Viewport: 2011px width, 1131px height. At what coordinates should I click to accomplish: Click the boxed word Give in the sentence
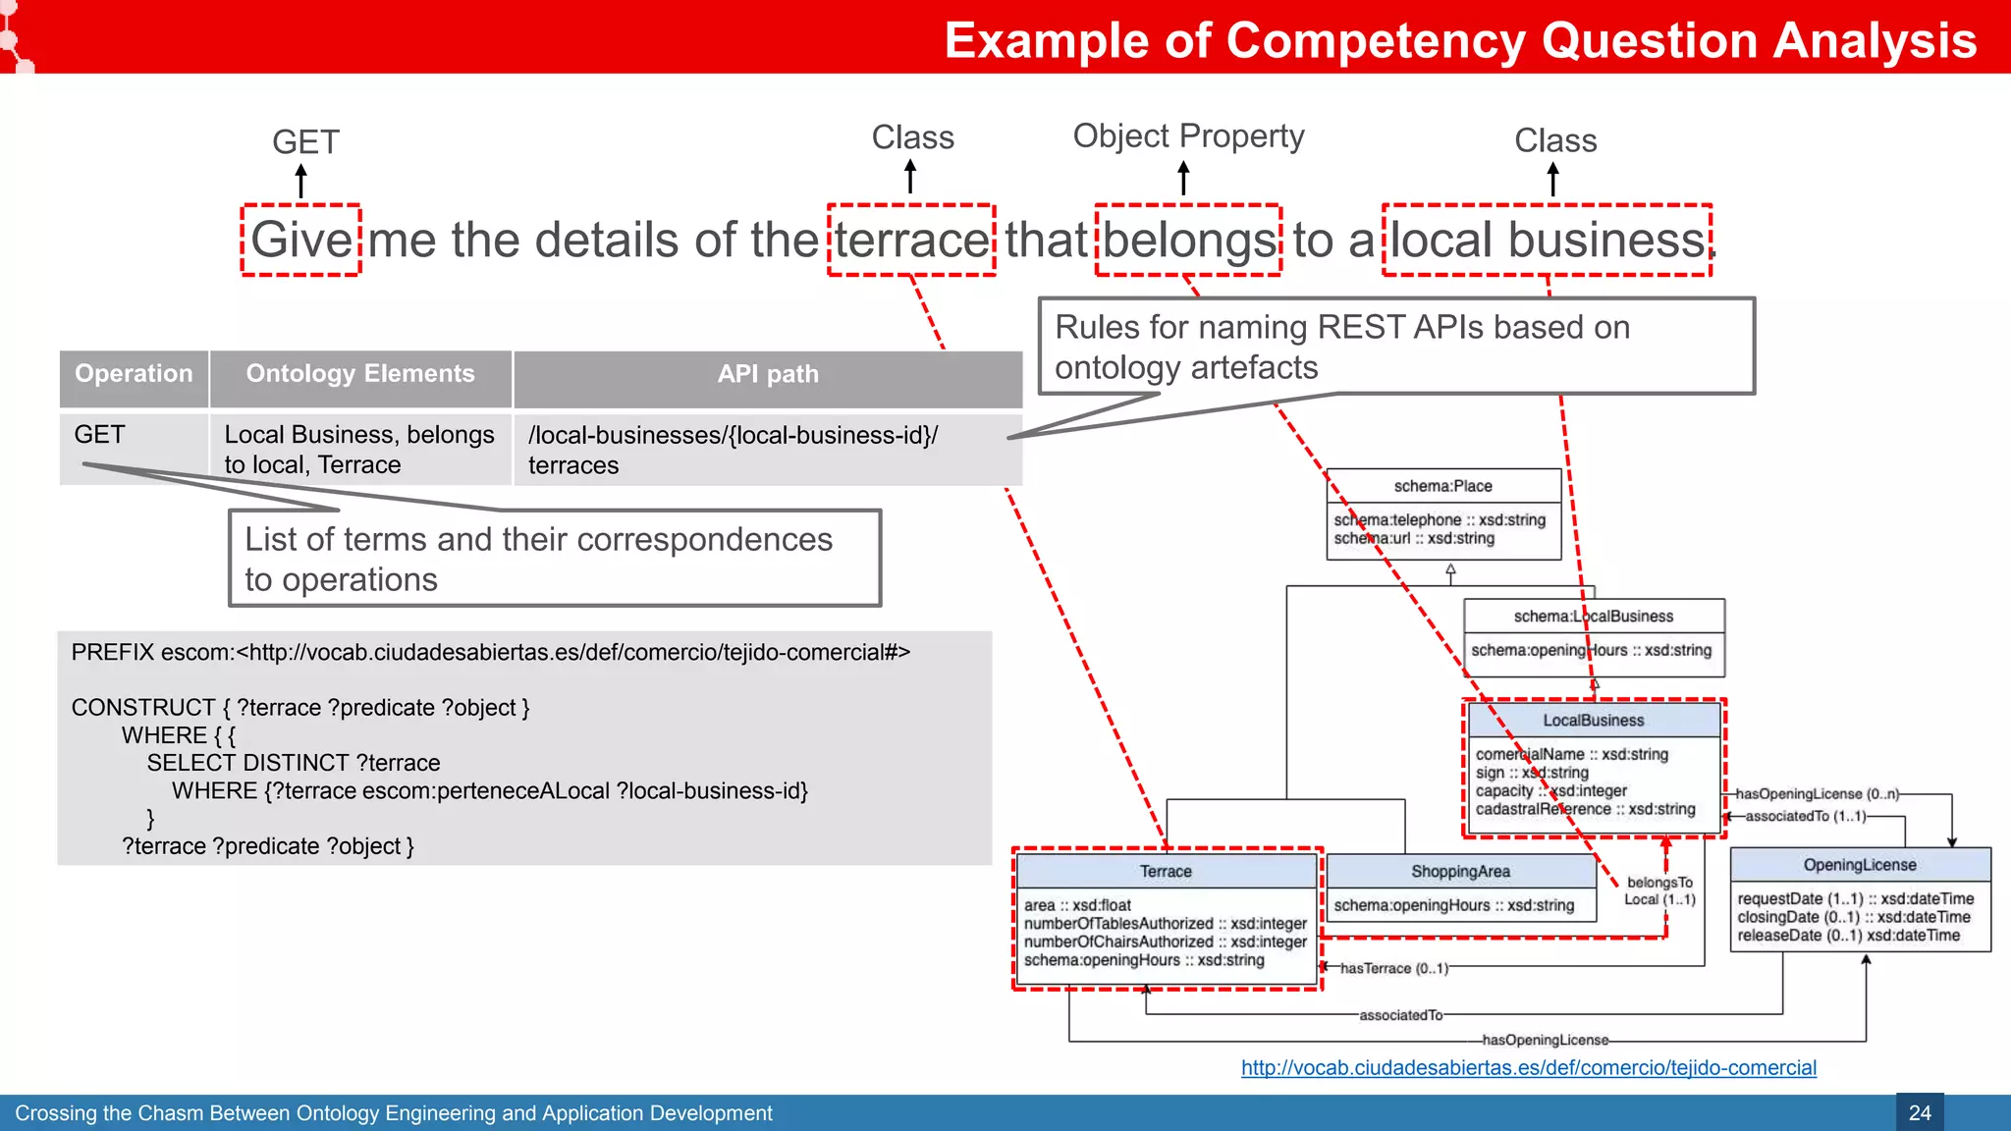[301, 241]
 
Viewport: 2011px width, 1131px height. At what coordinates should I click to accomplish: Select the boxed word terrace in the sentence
[911, 241]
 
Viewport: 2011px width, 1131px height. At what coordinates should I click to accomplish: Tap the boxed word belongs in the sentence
[1189, 241]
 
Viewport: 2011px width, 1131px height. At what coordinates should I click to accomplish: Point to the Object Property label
[1188, 135]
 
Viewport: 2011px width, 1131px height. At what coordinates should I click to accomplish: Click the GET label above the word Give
[305, 142]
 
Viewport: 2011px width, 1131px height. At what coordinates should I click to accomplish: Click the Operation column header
[135, 374]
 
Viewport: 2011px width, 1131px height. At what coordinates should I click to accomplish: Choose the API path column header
[768, 374]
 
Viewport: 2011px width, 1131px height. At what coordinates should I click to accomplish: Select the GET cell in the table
[100, 435]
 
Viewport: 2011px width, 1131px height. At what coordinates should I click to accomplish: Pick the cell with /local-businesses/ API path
[733, 450]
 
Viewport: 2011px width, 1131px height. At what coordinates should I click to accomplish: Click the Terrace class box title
[1166, 872]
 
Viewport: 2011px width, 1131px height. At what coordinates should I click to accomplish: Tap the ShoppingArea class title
[1460, 872]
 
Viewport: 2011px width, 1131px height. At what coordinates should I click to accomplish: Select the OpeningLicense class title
[1860, 865]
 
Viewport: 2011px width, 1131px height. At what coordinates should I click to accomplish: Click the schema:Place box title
[1442, 486]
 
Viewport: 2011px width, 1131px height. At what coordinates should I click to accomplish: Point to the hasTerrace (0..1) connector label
[1393, 969]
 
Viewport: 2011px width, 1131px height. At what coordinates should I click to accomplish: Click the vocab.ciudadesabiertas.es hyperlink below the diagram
[1528, 1068]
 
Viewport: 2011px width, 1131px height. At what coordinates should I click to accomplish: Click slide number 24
[1920, 1113]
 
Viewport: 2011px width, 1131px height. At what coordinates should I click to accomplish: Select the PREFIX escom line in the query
[490, 653]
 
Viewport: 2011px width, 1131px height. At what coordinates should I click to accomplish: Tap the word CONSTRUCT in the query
[143, 708]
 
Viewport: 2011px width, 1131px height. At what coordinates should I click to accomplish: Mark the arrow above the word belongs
[1184, 179]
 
